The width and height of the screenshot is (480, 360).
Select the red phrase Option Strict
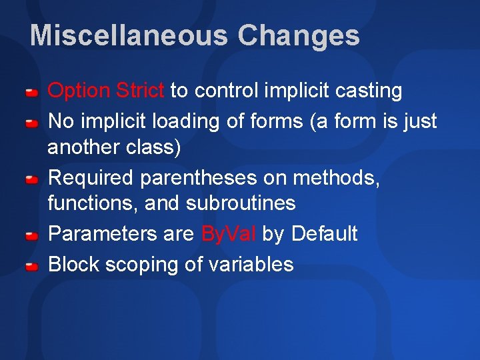(x=106, y=90)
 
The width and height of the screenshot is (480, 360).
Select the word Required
(x=92, y=178)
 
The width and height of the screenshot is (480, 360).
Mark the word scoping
(x=139, y=265)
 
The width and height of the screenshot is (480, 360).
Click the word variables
(x=251, y=265)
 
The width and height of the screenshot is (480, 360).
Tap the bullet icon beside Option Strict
(x=31, y=91)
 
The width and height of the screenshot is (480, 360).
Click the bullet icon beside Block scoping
(x=31, y=266)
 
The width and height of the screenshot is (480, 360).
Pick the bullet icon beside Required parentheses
(x=31, y=179)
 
